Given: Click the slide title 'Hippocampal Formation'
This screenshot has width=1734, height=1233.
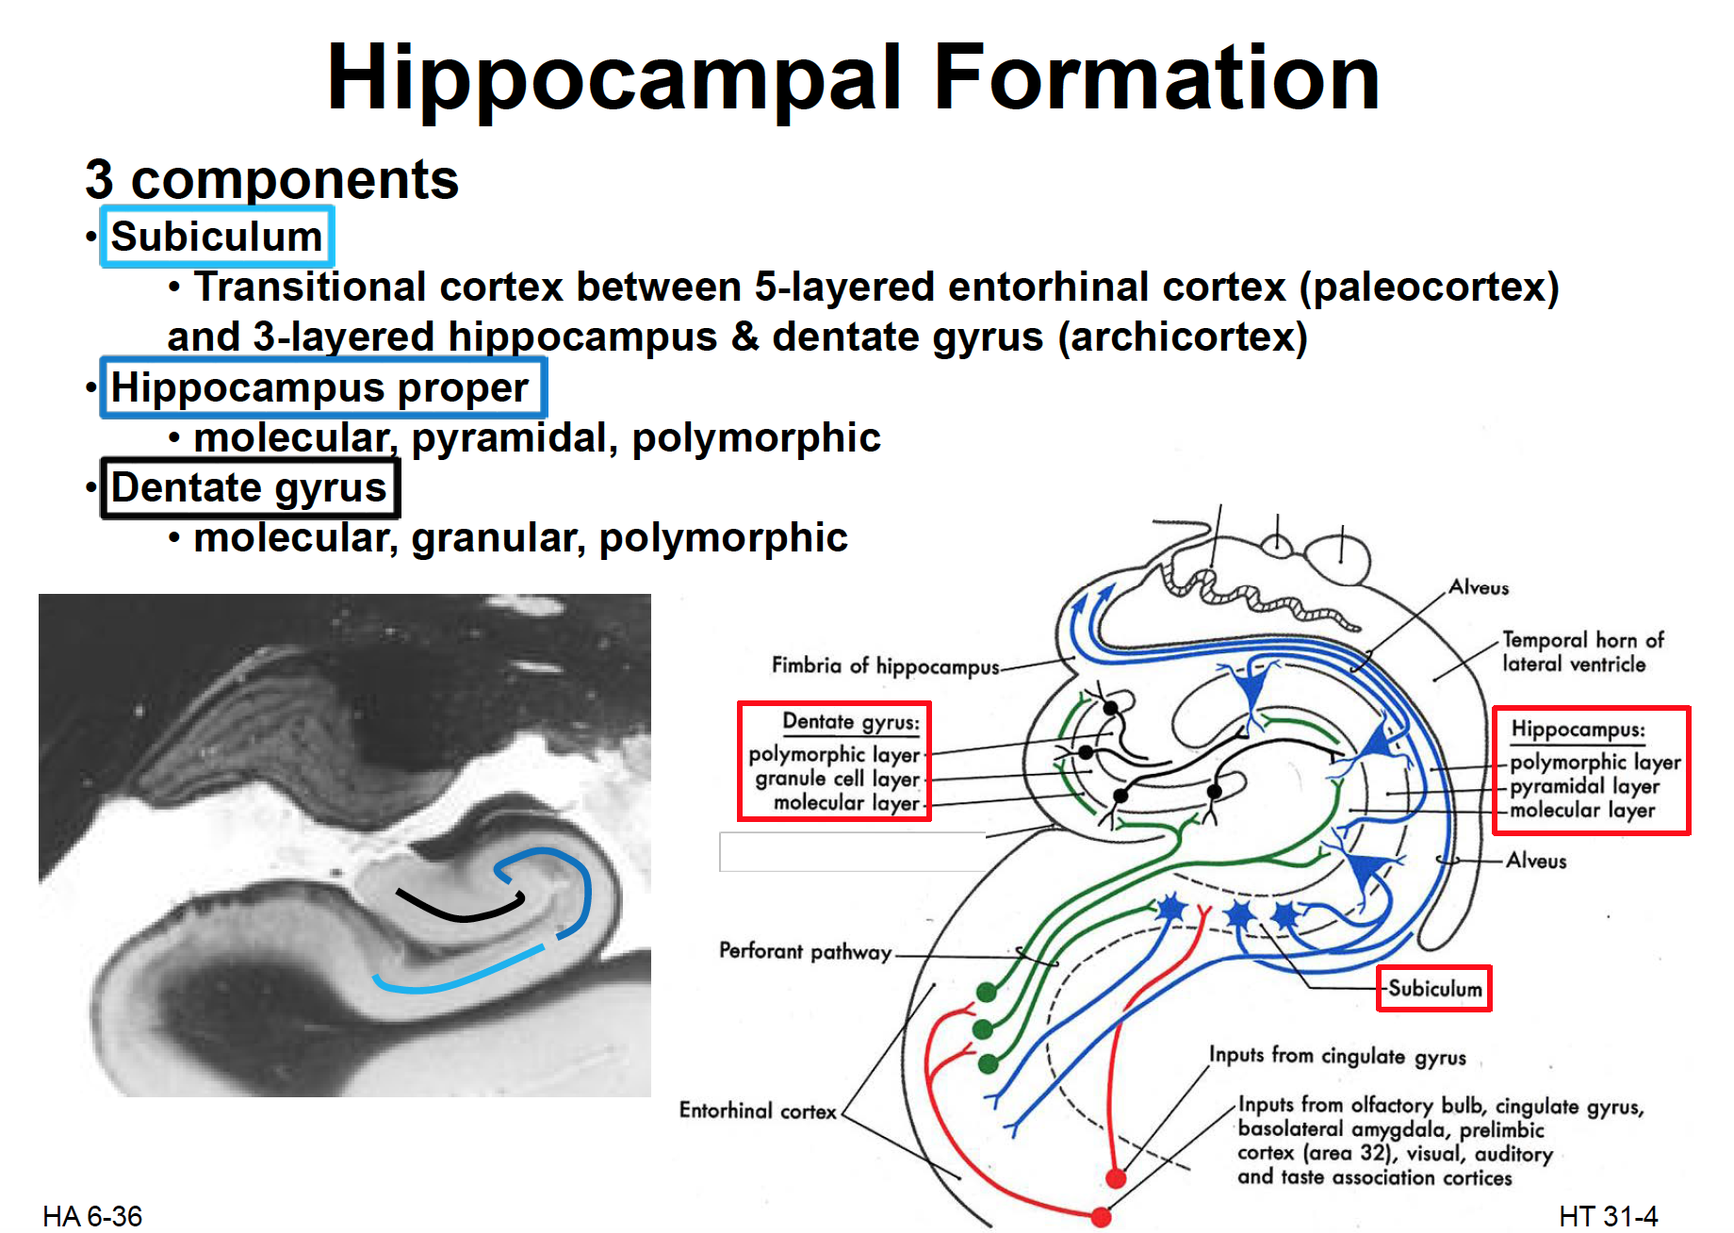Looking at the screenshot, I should pos(853,77).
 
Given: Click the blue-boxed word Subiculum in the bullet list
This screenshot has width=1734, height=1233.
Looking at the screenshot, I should pos(217,237).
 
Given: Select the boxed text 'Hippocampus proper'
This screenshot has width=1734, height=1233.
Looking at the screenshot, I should pos(319,387).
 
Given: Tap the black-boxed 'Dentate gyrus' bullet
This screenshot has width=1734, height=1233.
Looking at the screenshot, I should pos(249,488).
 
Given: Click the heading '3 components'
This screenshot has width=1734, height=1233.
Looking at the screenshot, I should pos(271,179).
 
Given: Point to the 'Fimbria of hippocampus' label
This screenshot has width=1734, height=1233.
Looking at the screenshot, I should pos(885,666).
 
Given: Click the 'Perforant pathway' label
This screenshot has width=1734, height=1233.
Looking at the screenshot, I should pos(805,950).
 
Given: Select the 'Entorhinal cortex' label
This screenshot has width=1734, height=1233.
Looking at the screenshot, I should pos(758,1110).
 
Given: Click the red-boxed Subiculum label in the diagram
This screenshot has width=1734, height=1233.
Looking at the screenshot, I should pos(1434,988).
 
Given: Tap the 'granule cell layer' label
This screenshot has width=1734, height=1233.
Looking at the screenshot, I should pos(837,779).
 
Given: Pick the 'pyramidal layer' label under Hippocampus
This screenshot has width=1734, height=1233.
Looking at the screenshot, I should pos(1584,786).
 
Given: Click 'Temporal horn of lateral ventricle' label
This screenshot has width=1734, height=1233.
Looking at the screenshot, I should pos(1582,651).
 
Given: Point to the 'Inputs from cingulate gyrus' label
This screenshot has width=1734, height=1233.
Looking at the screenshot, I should pos(1337,1055).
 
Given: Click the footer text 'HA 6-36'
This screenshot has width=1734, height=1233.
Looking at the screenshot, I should pos(92,1216).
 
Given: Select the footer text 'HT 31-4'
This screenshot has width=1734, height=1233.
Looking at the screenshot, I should pos(1608,1216).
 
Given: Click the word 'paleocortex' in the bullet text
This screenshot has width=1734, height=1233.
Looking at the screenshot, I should pos(1429,287).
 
